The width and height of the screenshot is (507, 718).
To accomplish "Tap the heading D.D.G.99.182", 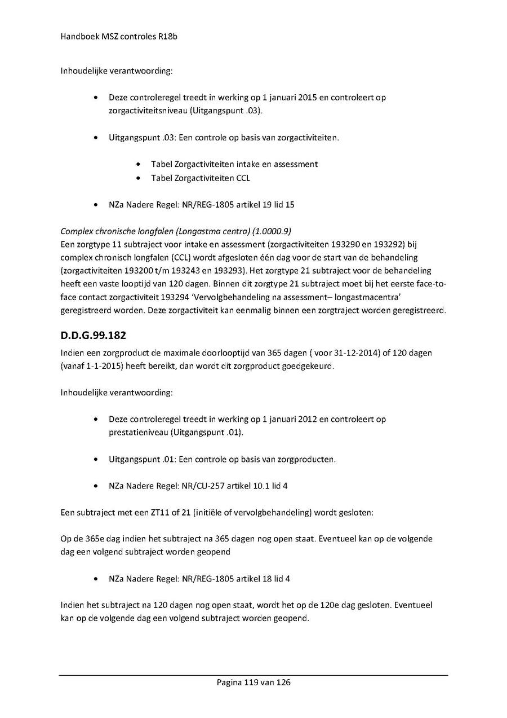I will [x=93, y=335].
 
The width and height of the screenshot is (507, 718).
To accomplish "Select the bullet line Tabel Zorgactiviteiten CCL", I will [x=201, y=178].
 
